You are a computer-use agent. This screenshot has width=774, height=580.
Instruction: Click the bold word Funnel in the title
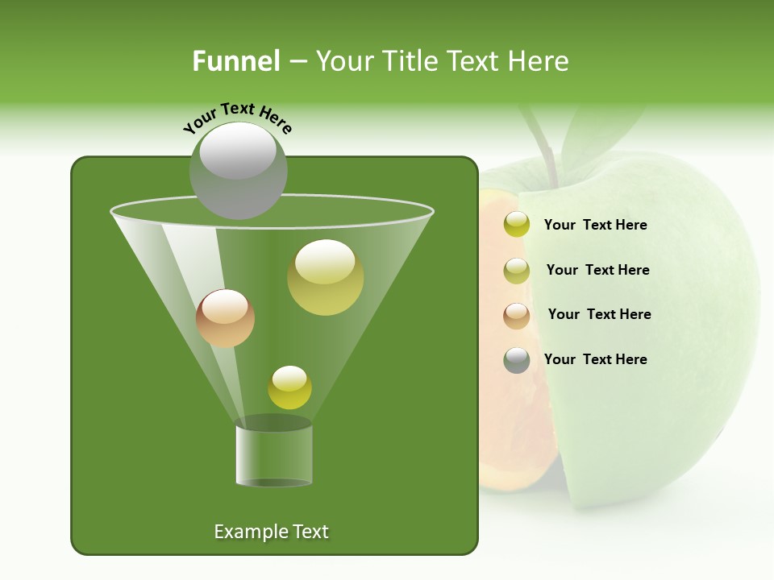point(235,61)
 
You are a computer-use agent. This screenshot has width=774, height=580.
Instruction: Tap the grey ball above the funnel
point(239,171)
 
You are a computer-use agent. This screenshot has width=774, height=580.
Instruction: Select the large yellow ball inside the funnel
point(326,277)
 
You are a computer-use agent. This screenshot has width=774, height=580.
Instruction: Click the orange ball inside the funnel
point(225,318)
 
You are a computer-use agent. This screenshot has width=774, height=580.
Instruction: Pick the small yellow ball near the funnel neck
point(289,387)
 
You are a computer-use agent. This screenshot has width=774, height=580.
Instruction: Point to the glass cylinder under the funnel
point(274,455)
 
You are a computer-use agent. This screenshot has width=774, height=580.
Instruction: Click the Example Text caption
point(271,532)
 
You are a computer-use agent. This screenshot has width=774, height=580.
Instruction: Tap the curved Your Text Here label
point(238,118)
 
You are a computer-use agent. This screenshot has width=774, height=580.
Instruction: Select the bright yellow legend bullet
point(517,225)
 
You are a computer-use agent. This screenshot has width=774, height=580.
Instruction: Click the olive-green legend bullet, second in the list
point(517,270)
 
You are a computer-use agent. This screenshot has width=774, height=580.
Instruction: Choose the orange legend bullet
point(517,315)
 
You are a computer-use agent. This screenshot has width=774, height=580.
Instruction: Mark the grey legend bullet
point(517,360)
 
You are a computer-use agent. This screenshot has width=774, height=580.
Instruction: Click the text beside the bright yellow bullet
point(595,225)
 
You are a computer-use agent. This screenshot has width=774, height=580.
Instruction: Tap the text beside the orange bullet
point(599,314)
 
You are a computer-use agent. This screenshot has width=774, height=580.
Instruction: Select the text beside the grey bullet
point(595,359)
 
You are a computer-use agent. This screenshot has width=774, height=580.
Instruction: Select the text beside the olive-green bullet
point(597,270)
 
